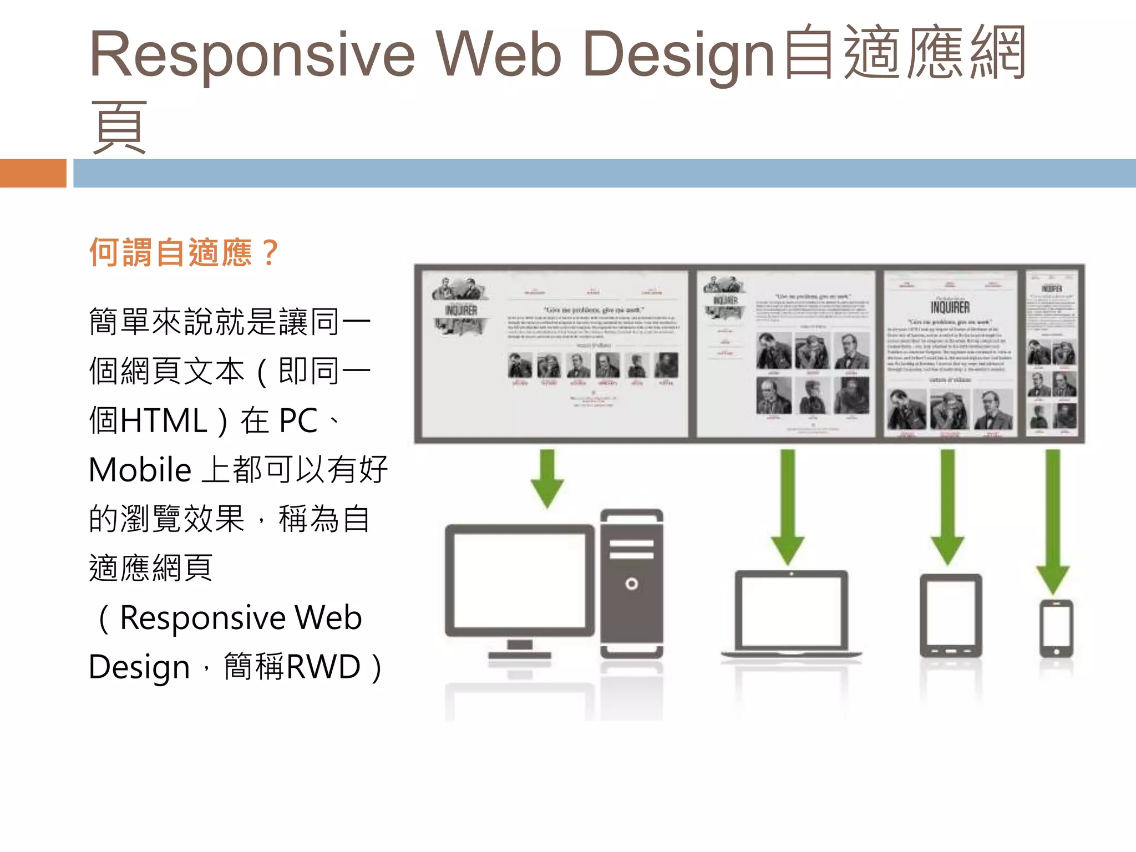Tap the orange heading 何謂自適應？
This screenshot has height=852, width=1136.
coord(184,252)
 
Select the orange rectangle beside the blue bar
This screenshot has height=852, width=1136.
coord(33,173)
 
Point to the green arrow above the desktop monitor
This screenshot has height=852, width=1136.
coord(547,478)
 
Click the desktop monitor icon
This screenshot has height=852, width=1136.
coord(519,588)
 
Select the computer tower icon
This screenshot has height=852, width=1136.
coord(632,582)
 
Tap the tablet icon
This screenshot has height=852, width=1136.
coord(951,616)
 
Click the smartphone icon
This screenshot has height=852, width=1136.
coord(1056,629)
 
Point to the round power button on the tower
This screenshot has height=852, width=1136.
coord(632,584)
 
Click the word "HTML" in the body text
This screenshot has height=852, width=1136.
coord(164,420)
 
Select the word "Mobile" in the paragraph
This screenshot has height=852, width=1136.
coord(140,470)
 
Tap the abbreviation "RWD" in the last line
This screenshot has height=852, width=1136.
coord(324,666)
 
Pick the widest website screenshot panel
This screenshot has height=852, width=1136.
coord(554,354)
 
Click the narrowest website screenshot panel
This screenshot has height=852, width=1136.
coord(1052,354)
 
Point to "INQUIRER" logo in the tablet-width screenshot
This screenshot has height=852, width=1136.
coord(950,307)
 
